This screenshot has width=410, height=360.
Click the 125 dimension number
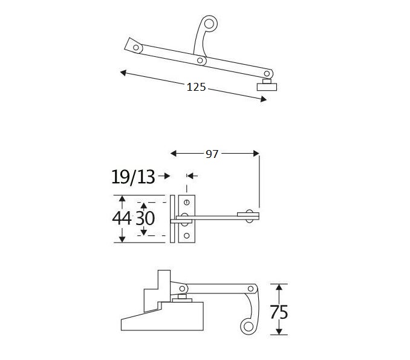[197, 87]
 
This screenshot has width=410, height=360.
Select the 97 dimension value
[212, 154]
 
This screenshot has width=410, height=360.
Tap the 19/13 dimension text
[132, 177]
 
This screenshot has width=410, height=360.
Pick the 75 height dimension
[278, 312]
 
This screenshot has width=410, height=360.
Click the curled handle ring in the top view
[210, 24]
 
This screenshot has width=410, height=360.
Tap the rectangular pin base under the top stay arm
[266, 85]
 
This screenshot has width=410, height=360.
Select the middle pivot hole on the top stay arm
[200, 60]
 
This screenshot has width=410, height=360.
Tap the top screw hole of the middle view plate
[187, 201]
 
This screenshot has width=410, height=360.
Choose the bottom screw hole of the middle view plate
[187, 235]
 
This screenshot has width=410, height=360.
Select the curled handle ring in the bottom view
[248, 327]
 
